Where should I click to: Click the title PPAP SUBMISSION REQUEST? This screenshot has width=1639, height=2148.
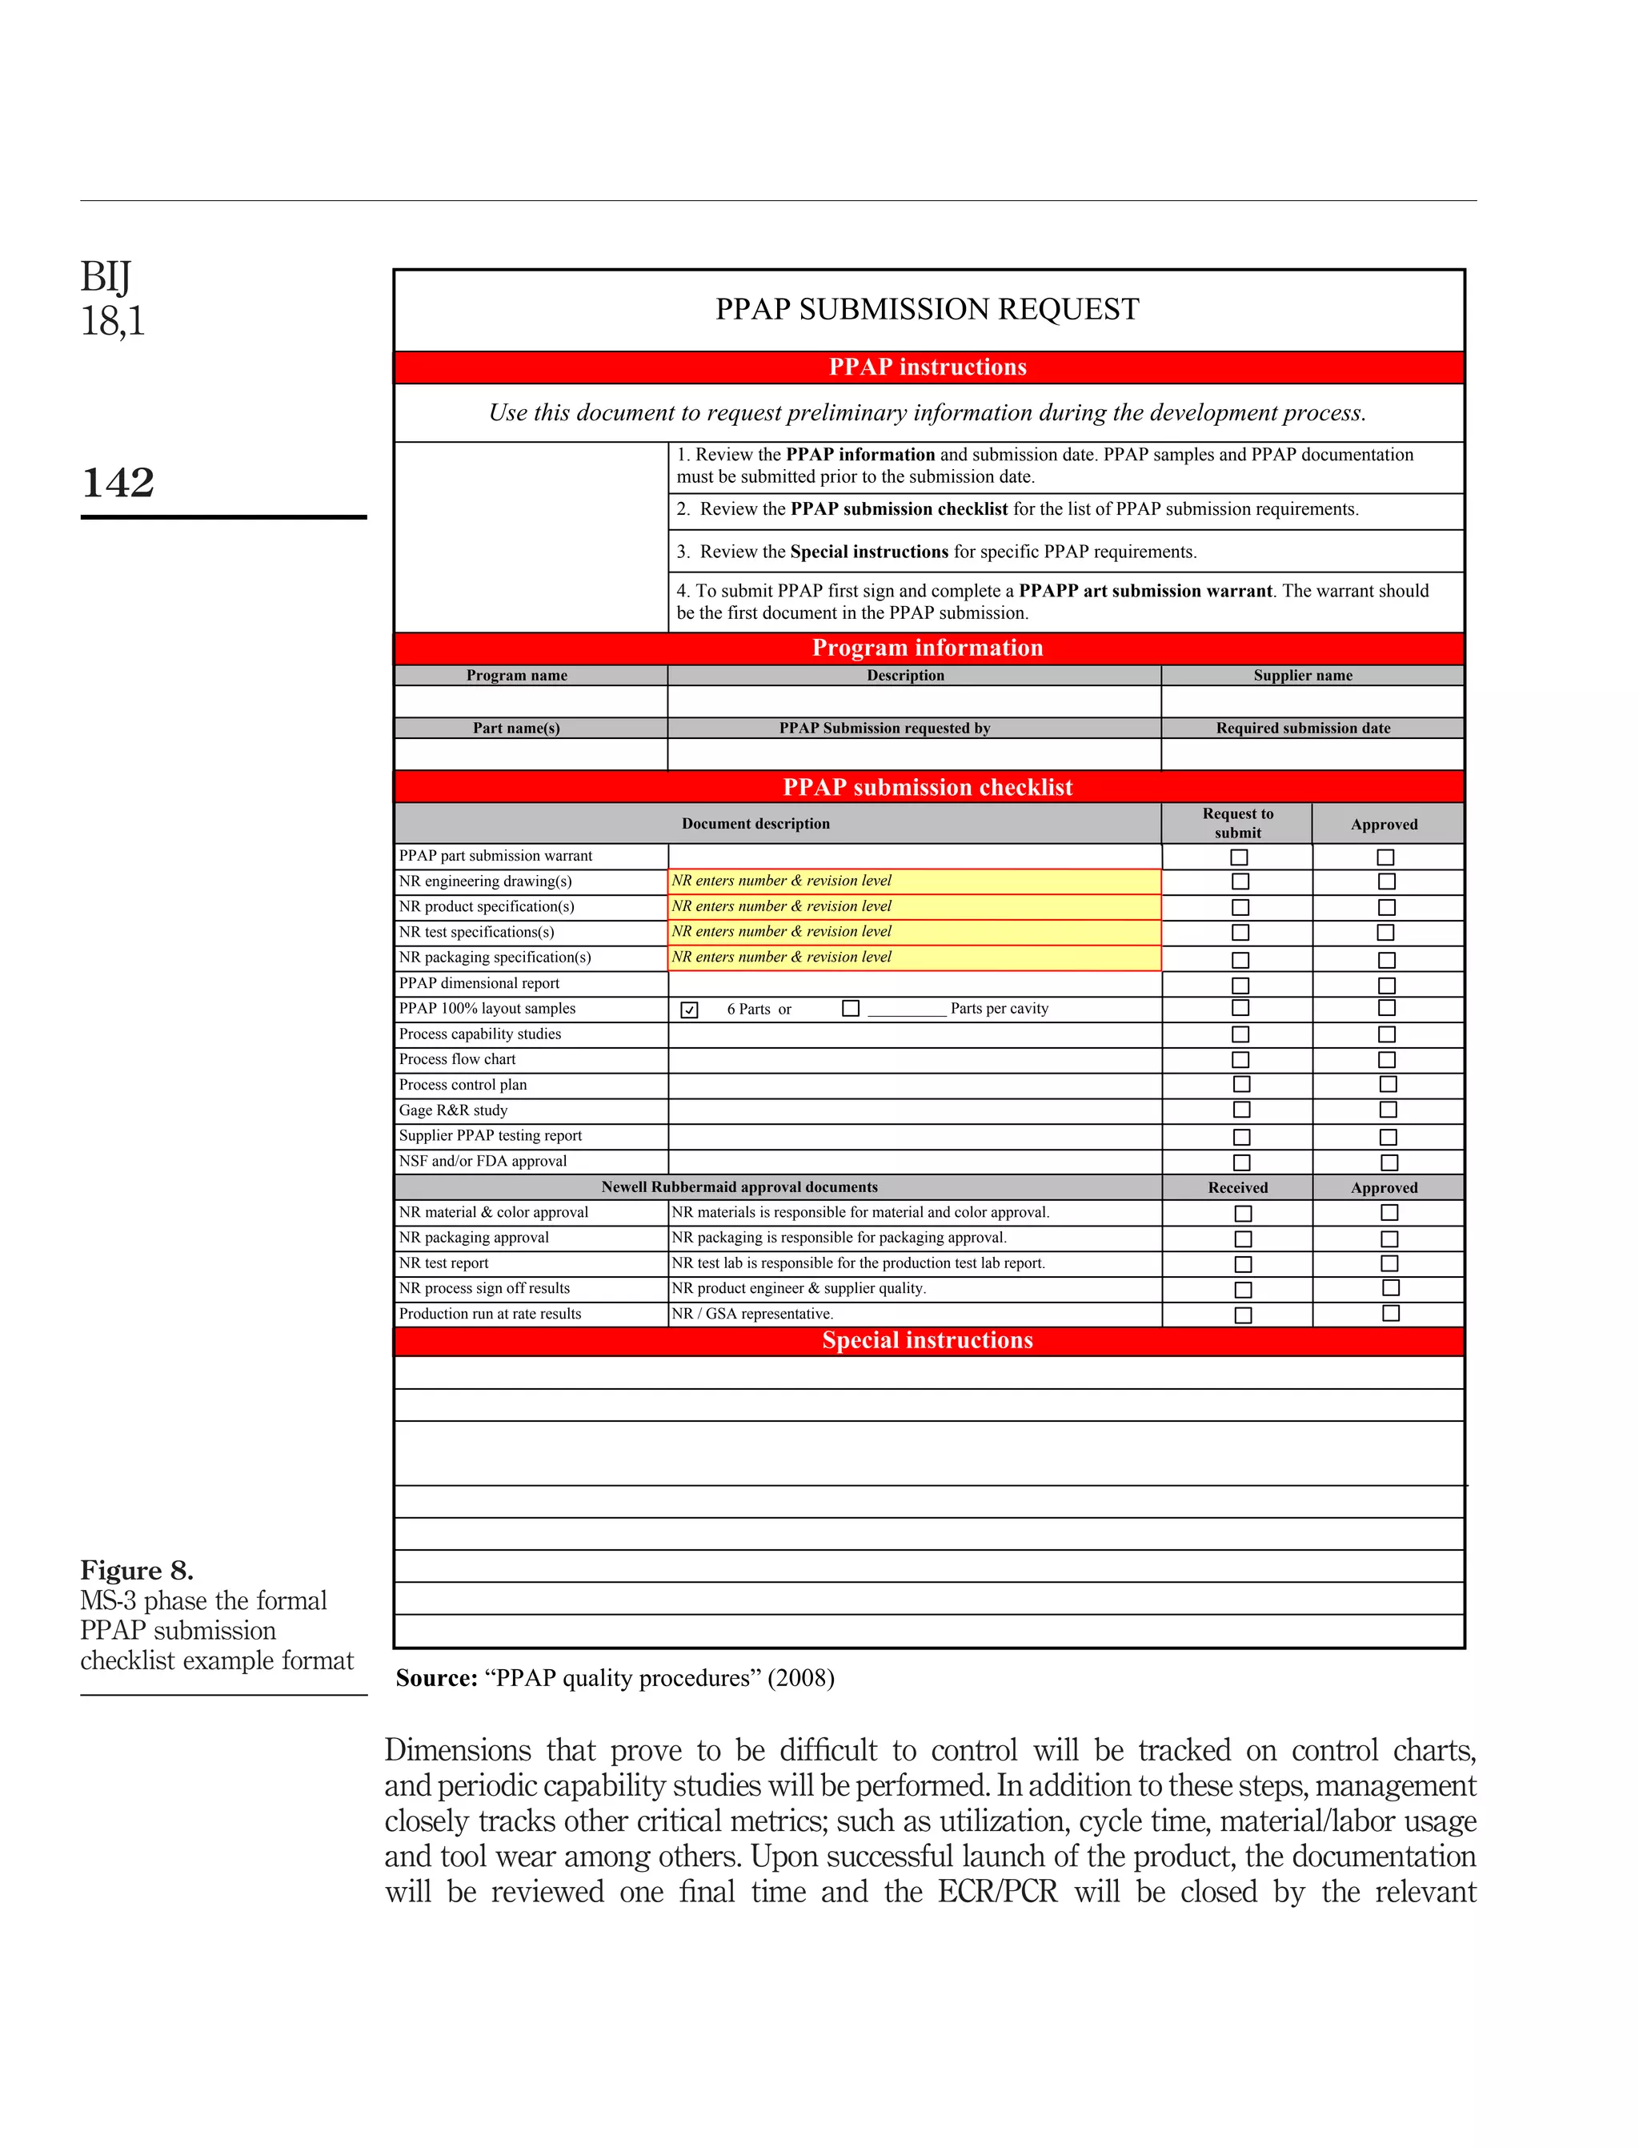point(927,309)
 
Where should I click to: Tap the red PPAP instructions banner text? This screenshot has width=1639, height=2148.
point(927,367)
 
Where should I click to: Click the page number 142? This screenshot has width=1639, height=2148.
point(118,482)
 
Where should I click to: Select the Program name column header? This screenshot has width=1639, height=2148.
point(516,676)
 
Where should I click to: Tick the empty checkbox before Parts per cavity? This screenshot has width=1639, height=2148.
point(851,1008)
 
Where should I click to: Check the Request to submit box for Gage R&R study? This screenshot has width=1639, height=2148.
point(1241,1110)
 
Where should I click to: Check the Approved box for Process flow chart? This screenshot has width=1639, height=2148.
point(1387,1060)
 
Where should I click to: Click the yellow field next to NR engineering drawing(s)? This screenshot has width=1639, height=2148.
point(914,881)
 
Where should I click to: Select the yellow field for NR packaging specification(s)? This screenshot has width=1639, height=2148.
point(914,958)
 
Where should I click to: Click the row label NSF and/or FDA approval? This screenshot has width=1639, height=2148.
point(482,1162)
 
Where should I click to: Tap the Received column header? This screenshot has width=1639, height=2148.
point(1237,1188)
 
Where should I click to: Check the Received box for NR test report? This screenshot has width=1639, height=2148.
point(1243,1264)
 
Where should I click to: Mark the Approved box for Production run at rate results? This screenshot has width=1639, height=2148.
point(1391,1314)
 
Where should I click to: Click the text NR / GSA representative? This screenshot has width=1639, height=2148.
point(752,1314)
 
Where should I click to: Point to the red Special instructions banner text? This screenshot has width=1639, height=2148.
point(927,1341)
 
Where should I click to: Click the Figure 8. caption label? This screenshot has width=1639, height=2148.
point(137,1570)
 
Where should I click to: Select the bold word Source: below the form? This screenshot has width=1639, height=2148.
point(436,1677)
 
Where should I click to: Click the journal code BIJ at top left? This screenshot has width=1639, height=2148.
point(106,277)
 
